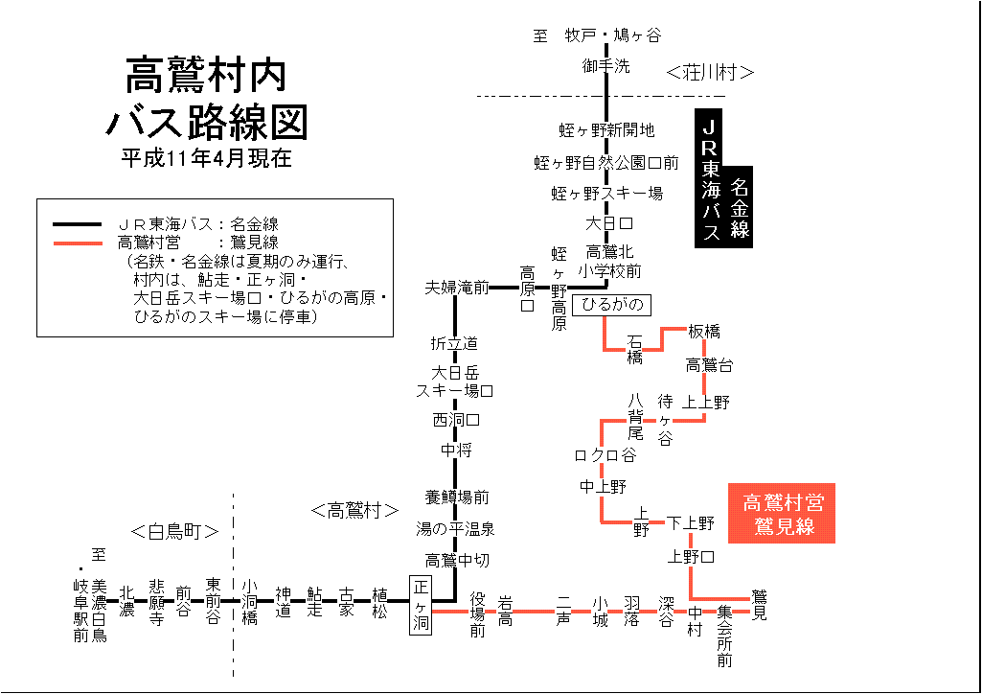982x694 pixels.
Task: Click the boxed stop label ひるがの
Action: click(x=611, y=306)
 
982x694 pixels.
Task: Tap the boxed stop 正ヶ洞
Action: click(x=421, y=605)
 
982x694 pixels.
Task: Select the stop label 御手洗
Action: click(x=606, y=66)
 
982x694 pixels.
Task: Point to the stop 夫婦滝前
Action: click(x=457, y=287)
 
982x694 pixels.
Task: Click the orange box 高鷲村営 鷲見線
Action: click(x=783, y=513)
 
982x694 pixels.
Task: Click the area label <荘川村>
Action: click(x=710, y=72)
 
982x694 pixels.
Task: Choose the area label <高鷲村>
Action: click(x=354, y=510)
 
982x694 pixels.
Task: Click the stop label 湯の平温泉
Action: click(x=455, y=528)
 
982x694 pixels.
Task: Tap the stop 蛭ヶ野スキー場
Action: click(x=607, y=194)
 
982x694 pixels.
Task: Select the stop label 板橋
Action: click(x=704, y=332)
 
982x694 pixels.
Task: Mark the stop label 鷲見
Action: click(x=759, y=605)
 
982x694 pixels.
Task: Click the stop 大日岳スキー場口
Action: click(x=455, y=382)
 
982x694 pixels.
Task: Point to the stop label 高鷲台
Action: click(x=709, y=364)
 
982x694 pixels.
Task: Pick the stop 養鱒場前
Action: click(x=457, y=497)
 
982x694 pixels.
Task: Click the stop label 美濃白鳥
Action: click(x=99, y=610)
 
